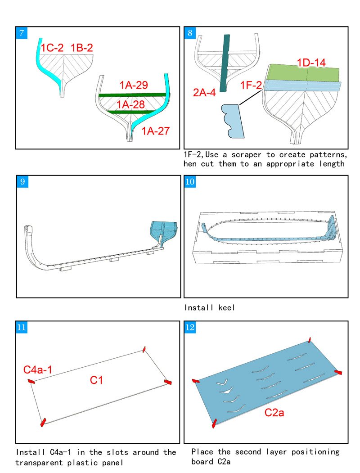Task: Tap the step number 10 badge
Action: [190, 181]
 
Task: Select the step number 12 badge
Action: [190, 327]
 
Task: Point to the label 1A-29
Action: [134, 86]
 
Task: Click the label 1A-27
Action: [156, 131]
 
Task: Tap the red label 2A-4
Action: [205, 93]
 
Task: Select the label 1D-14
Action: [311, 63]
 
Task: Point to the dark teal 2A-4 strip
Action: [225, 63]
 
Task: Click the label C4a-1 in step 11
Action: [38, 370]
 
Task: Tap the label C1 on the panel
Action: [97, 380]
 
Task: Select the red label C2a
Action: [274, 412]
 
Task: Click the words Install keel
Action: [210, 308]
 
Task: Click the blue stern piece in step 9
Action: [163, 231]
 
